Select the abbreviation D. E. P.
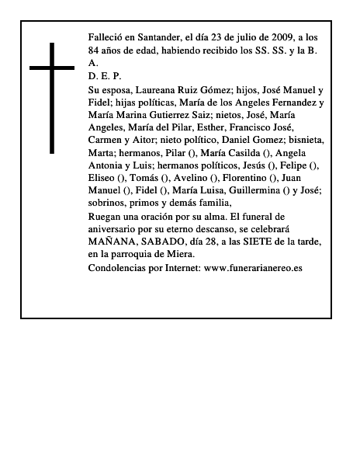pyautogui.click(x=105, y=76)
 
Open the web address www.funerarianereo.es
pyautogui.click(x=252, y=268)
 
